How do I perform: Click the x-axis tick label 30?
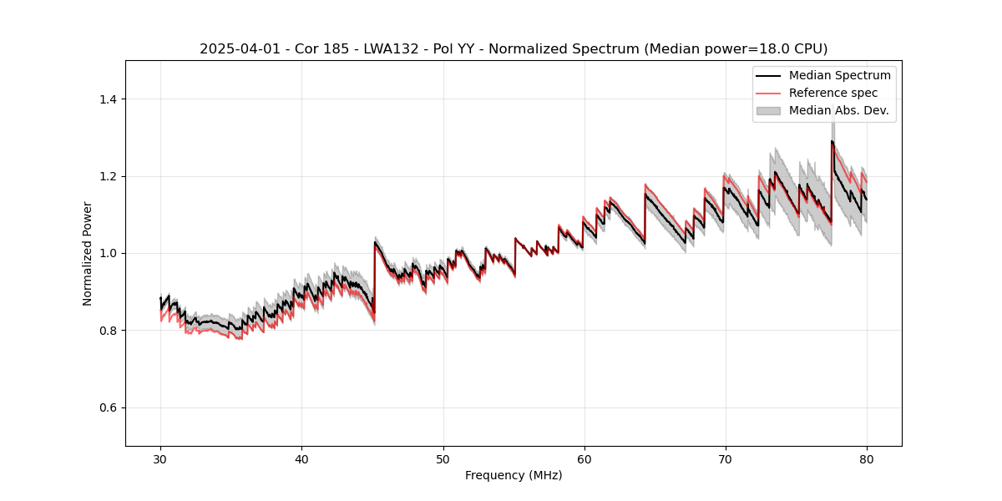point(160,459)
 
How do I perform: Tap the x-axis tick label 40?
point(301,459)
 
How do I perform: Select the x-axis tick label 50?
point(443,459)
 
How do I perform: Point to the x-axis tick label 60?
point(584,459)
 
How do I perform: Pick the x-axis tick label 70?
point(725,459)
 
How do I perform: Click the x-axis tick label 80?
point(866,459)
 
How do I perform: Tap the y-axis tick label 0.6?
point(109,407)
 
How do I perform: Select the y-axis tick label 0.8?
point(109,331)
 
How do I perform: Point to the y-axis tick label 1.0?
point(109,253)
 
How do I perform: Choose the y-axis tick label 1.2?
point(109,176)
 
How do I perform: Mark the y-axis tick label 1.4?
point(109,99)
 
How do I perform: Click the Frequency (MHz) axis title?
point(514,475)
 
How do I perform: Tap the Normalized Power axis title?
point(88,253)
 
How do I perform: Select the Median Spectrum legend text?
point(839,75)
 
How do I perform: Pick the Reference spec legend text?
point(832,93)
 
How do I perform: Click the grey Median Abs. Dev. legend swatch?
point(768,110)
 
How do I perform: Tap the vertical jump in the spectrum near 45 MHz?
point(374,276)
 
